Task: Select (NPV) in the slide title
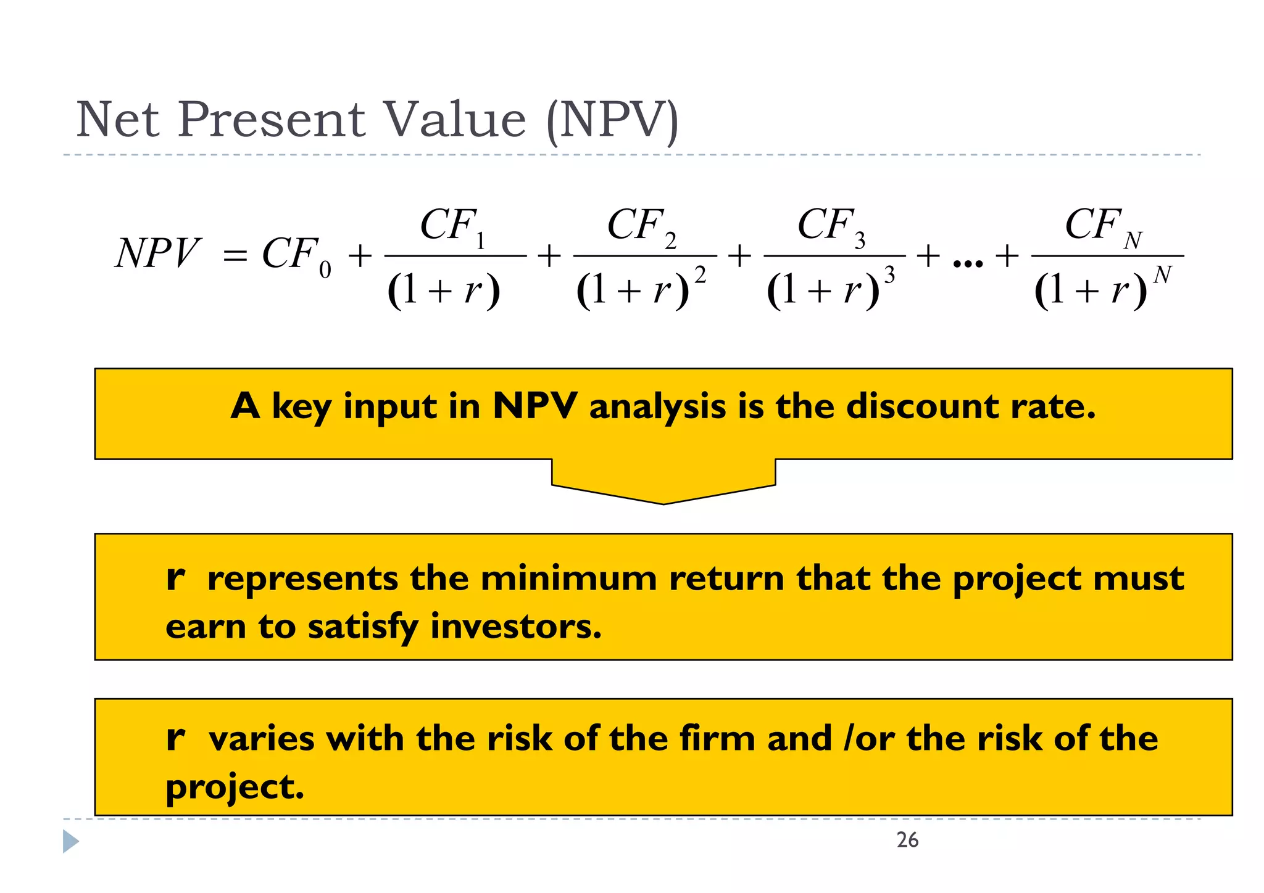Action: (613, 121)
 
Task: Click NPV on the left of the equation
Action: (157, 253)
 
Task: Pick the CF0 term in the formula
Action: (296, 255)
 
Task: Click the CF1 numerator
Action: (452, 226)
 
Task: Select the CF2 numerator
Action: (642, 226)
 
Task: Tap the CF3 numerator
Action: (831, 226)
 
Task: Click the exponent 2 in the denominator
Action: (700, 275)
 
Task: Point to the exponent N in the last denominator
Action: (1162, 274)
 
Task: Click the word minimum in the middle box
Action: (568, 579)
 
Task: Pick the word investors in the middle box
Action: (515, 627)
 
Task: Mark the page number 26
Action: (907, 841)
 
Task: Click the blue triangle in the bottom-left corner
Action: (70, 842)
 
